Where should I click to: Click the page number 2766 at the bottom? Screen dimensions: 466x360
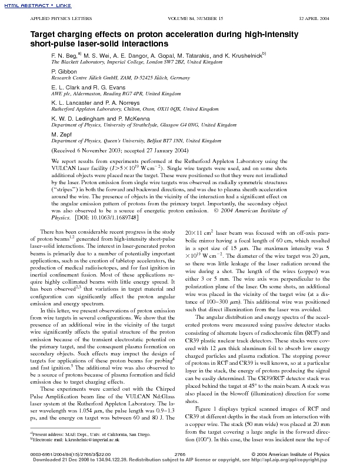tap(180, 454)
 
